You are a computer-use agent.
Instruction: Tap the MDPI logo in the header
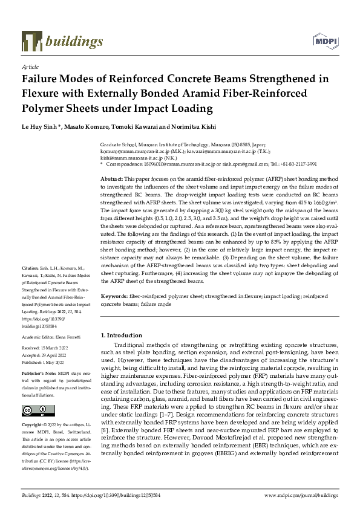(x=325, y=41)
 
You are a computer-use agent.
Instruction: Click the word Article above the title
(x=30, y=66)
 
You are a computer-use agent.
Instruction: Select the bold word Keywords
(x=114, y=297)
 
